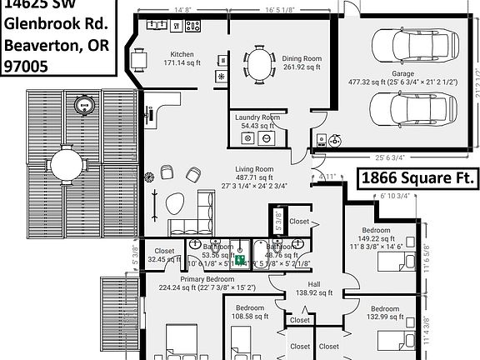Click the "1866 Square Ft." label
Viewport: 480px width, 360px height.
pyautogui.click(x=417, y=178)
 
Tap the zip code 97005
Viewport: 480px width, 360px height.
pyautogui.click(x=27, y=64)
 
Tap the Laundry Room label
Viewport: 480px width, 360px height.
pyautogui.click(x=258, y=117)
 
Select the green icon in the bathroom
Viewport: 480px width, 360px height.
pyautogui.click(x=239, y=260)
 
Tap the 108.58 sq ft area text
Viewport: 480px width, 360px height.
pyautogui.click(x=250, y=317)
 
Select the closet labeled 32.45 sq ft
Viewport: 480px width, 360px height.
pyautogui.click(x=164, y=259)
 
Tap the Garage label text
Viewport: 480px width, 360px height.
pyautogui.click(x=403, y=73)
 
